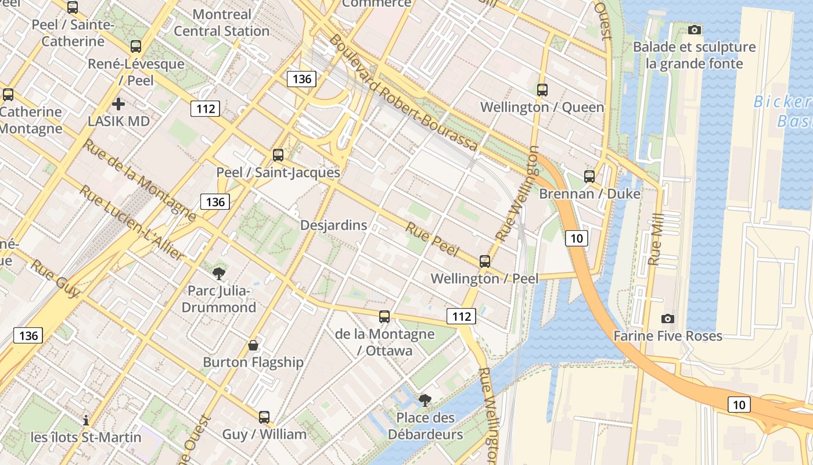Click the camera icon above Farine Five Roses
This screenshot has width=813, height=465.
pos(668,319)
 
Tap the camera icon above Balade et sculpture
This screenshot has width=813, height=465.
pos(694,30)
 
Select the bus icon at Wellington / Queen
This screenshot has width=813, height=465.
pos(542,90)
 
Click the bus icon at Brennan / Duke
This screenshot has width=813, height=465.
pos(589,177)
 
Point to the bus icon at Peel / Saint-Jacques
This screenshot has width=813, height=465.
pos(278,155)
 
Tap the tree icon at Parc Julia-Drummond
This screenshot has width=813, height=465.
pos(219,273)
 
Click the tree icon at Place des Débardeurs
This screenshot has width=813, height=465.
pos(425,400)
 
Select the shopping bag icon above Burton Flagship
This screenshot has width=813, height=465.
pos(253,345)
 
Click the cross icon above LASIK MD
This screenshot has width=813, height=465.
pos(118,104)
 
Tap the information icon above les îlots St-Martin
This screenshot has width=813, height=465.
pos(86,420)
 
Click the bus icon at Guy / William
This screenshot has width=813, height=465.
pos(264,417)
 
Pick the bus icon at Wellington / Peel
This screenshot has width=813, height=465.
pos(485,262)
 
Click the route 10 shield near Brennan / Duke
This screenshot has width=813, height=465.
pos(576,238)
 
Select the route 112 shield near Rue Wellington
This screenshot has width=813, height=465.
pos(461,316)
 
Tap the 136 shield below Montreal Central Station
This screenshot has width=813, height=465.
pos(302,79)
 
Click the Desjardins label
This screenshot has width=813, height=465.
pos(333,225)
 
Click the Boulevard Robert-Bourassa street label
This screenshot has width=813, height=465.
pos(404,93)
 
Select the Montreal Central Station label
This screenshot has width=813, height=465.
pos(222,23)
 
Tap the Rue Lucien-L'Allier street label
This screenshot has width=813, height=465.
pos(131,223)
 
